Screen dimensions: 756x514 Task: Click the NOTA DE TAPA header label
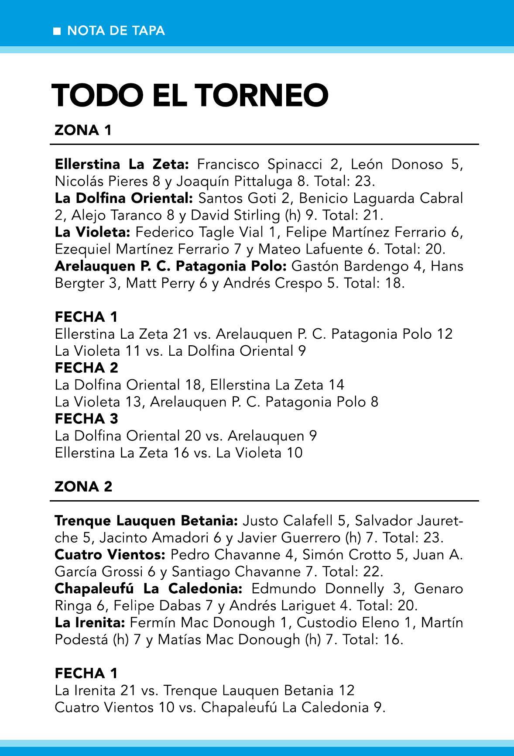pos(116,31)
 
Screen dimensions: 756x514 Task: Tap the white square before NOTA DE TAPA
pos(57,31)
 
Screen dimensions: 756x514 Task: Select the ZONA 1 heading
pos(83,130)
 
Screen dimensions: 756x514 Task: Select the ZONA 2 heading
pos(83,486)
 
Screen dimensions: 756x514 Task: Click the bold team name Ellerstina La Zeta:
pos(122,164)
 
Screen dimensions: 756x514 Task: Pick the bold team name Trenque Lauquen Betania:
pos(146,520)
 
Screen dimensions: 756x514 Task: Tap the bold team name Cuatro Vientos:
pos(110,554)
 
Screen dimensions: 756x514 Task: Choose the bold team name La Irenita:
pos(90,622)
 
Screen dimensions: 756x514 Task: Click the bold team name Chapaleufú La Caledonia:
pos(148,588)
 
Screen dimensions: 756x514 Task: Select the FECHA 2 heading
pos(86,368)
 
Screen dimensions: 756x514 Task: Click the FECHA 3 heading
pos(86,419)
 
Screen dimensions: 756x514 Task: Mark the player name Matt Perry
pos(160,283)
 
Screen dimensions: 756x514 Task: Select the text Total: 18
pos(374,283)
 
